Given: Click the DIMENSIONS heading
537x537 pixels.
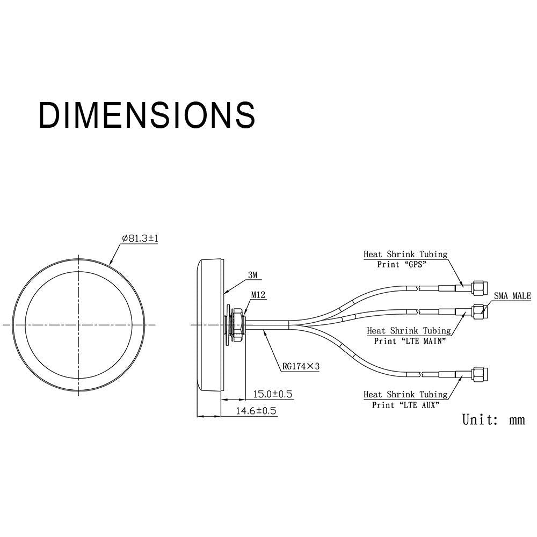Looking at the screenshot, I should [147, 114].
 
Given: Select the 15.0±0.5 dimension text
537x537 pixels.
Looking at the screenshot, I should [272, 395].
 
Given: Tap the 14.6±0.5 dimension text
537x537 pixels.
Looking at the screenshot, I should [256, 411].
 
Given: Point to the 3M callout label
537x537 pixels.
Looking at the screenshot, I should [253, 275].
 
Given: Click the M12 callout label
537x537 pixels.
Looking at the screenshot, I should [258, 295].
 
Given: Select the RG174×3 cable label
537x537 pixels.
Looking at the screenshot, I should [301, 367].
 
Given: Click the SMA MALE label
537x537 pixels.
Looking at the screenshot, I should [512, 296].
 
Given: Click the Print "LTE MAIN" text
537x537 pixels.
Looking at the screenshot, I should [410, 340].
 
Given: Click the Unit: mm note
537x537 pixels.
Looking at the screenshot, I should [493, 419].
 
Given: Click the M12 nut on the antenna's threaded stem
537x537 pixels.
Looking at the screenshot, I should [236, 324].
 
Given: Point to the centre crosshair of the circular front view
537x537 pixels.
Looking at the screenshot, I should [78, 324].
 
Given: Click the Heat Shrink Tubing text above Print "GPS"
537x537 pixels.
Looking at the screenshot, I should [405, 255].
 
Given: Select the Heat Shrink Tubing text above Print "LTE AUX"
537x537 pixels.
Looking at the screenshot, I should [405, 395].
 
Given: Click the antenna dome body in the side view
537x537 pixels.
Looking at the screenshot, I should [211, 324].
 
